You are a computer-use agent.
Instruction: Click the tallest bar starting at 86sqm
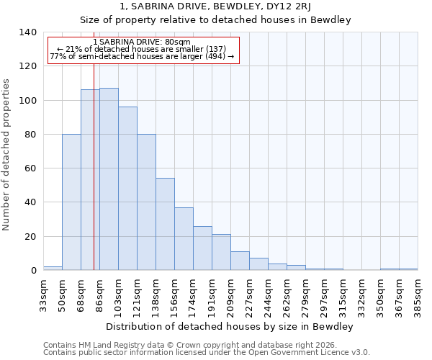[x=109, y=179]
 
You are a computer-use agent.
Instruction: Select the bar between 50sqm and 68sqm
[x=71, y=202]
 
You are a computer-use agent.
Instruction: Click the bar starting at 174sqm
[x=202, y=248]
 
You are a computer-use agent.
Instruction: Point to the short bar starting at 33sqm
[x=53, y=268]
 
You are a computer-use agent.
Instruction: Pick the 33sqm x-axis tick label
[x=43, y=292]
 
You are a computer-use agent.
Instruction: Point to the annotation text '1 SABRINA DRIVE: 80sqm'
[x=142, y=42]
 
